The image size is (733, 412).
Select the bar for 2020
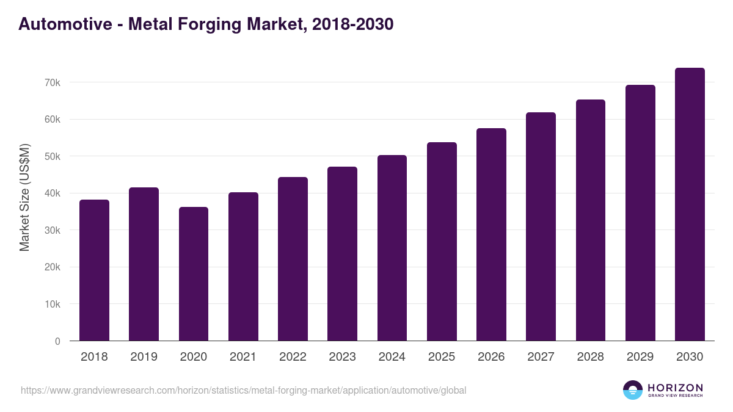[x=194, y=274]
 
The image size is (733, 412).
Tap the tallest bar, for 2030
[x=690, y=204]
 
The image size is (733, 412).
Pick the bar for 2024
[x=392, y=248]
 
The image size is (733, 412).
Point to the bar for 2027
[x=541, y=226]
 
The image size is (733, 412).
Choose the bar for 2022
[x=293, y=259]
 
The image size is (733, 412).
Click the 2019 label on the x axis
[x=144, y=357]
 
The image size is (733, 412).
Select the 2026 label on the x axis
[x=491, y=357]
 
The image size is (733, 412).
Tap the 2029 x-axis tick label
[x=640, y=357]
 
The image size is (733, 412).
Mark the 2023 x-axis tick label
[x=342, y=357]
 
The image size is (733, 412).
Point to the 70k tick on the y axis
[x=52, y=82]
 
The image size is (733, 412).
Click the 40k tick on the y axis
[x=52, y=193]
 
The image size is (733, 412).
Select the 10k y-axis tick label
[x=52, y=304]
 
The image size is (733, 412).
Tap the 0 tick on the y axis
[x=57, y=341]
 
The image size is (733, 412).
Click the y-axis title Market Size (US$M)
[x=24, y=198]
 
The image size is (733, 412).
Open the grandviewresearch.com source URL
[x=244, y=390]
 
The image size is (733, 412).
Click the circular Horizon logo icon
[x=633, y=390]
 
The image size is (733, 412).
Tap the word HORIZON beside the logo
[x=675, y=387]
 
